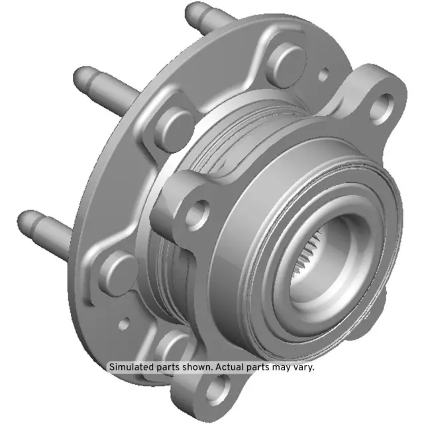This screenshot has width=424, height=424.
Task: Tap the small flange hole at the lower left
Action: pyautogui.click(x=124, y=325)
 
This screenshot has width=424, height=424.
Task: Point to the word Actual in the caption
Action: pyautogui.click(x=230, y=366)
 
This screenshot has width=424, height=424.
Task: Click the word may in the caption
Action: pyautogui.click(x=280, y=366)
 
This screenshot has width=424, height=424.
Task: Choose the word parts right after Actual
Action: pyautogui.click(x=258, y=366)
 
